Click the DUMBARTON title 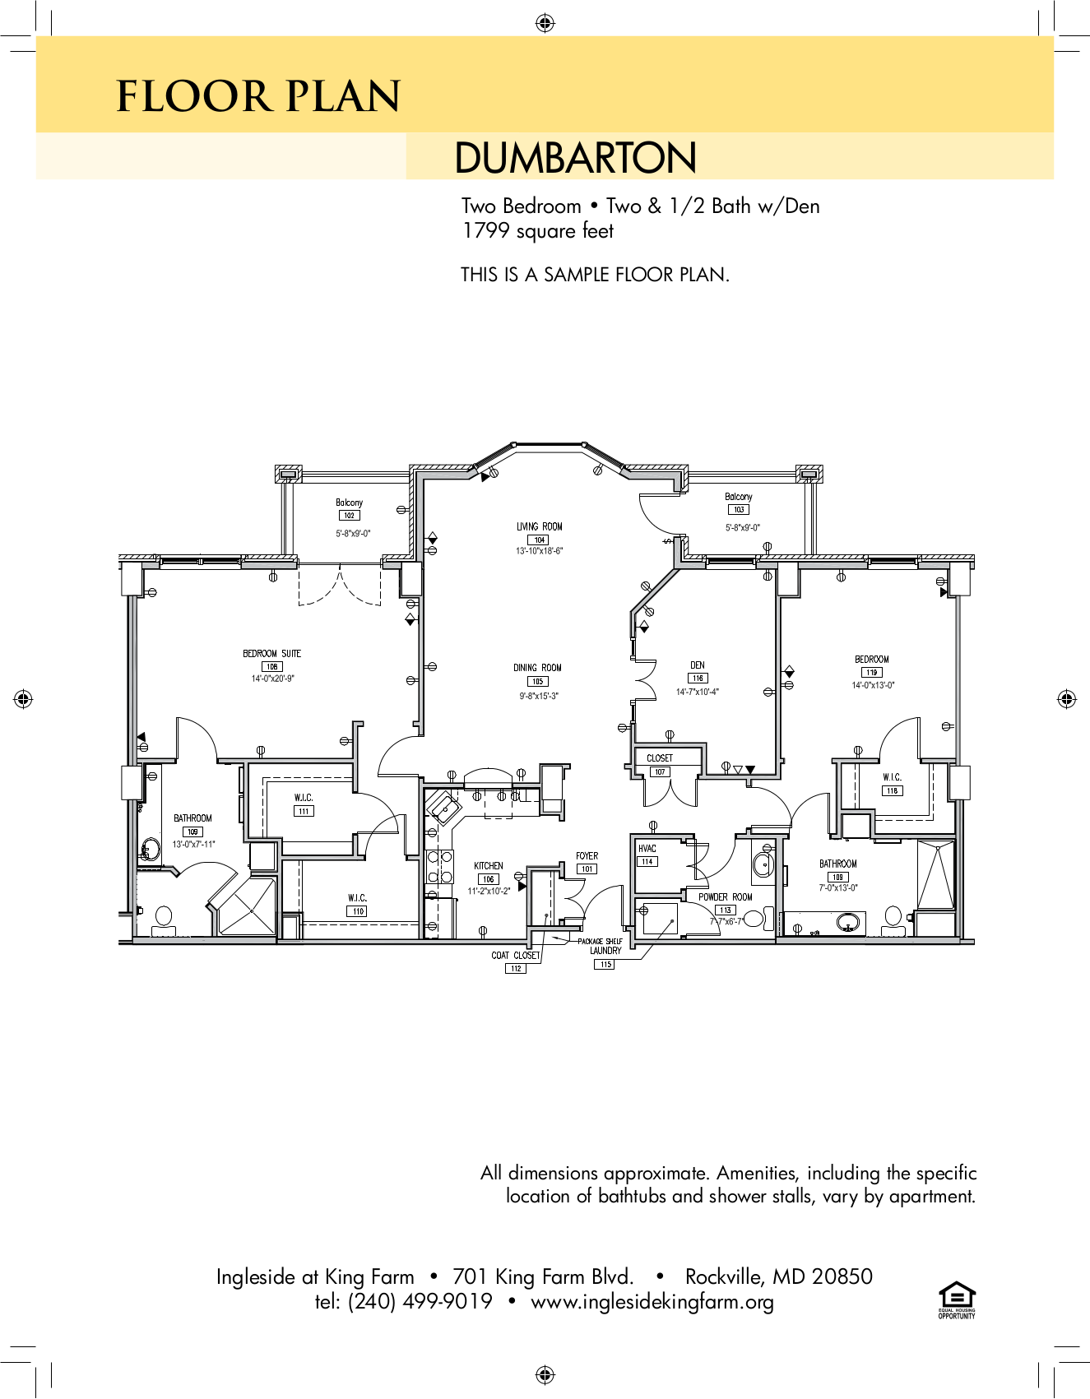tap(575, 158)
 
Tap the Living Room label tap(539, 526)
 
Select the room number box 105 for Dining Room tap(537, 682)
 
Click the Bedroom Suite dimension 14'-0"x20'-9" tap(272, 679)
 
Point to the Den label tap(697, 665)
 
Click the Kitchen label tap(488, 866)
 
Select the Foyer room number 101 tap(587, 869)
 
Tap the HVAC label tap(647, 848)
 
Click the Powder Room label tap(725, 897)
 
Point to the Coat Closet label tap(515, 956)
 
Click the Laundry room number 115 tap(605, 965)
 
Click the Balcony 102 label tap(349, 503)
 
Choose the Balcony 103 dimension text tap(742, 528)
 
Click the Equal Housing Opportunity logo tap(957, 1300)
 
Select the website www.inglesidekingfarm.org tap(652, 1302)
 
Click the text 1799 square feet tap(537, 231)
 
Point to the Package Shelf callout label tap(600, 941)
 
